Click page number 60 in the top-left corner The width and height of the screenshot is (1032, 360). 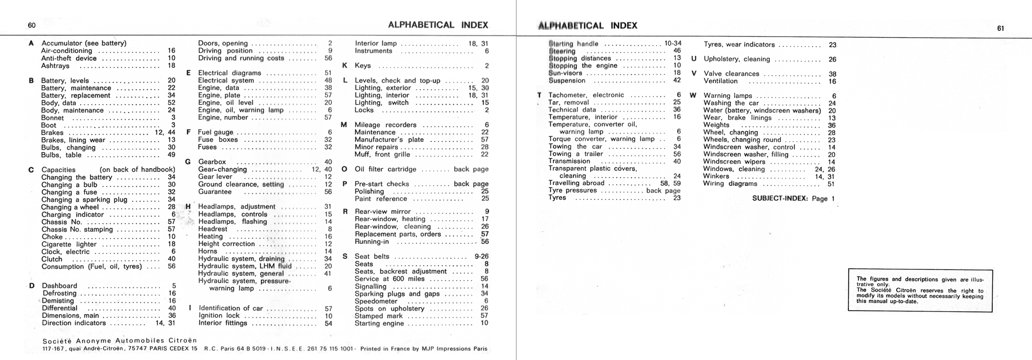coord(31,26)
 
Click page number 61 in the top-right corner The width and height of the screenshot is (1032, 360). coord(1001,28)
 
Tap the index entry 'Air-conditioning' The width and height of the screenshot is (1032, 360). coord(67,51)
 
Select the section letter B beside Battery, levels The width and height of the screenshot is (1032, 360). coord(31,81)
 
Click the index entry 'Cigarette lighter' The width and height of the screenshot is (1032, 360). coord(69,244)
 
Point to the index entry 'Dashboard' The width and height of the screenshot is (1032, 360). coord(59,286)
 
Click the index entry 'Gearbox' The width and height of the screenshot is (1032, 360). coord(212,162)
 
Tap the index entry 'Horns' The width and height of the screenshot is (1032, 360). coord(207,252)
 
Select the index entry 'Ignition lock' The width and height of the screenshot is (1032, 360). coord(219,316)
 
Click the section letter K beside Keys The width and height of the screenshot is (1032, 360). coord(344,66)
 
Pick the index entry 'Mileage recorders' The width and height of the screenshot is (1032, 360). coord(385,125)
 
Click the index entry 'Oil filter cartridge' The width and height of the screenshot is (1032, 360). coord(385,169)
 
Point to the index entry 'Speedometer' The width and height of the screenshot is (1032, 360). coord(376,301)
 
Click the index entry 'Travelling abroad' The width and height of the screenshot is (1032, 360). coord(576,183)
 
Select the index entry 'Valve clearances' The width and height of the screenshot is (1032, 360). coord(731,74)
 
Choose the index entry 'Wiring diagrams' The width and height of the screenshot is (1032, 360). coord(730,184)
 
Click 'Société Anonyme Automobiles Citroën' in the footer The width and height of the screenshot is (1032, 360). coord(119,341)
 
